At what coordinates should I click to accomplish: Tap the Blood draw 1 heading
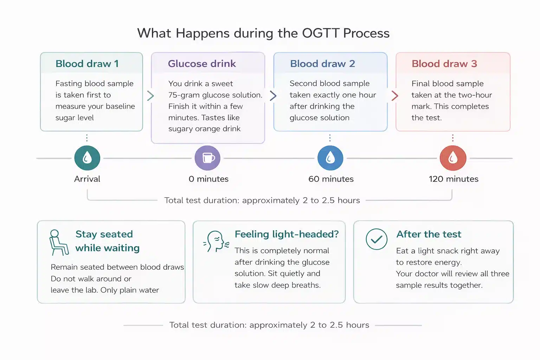[x=87, y=64]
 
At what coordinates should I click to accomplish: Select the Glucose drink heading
[x=202, y=64]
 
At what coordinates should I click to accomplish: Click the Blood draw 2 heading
[x=322, y=64]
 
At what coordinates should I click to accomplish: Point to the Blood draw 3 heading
[x=444, y=64]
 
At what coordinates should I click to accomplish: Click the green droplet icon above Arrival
[x=87, y=158]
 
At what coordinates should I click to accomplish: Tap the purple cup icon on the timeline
[x=208, y=158]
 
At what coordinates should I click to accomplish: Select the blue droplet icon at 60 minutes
[x=330, y=158]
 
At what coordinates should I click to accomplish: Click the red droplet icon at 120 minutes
[x=453, y=158]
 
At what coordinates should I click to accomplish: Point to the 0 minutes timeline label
[x=208, y=179]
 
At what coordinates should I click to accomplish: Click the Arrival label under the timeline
[x=87, y=179]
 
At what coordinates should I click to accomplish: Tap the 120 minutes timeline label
[x=454, y=179]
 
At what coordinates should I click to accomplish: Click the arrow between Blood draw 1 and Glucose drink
[x=150, y=96]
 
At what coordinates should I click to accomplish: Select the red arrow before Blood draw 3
[x=395, y=96]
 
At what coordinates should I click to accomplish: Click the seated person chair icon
[x=59, y=243]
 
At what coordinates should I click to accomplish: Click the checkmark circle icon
[x=377, y=239]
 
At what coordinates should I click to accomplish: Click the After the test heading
[x=429, y=234]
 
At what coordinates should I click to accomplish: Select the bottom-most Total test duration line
[x=269, y=325]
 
